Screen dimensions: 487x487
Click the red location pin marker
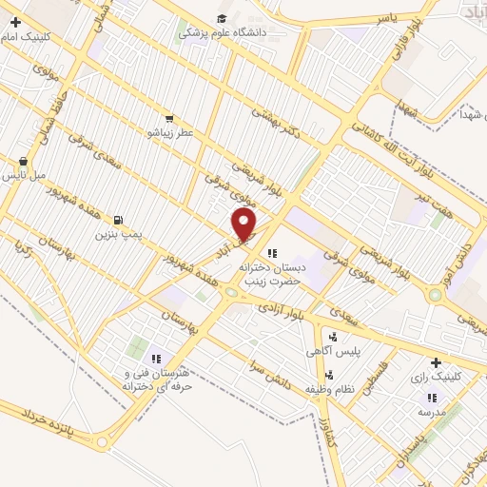coord(244,224)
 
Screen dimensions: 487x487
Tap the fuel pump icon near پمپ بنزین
coord(118,219)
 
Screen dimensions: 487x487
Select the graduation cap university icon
coord(222,18)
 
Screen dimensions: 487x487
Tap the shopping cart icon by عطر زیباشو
coord(168,120)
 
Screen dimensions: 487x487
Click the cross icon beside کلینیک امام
coord(15,21)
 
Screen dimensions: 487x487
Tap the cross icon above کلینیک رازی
coord(436,362)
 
